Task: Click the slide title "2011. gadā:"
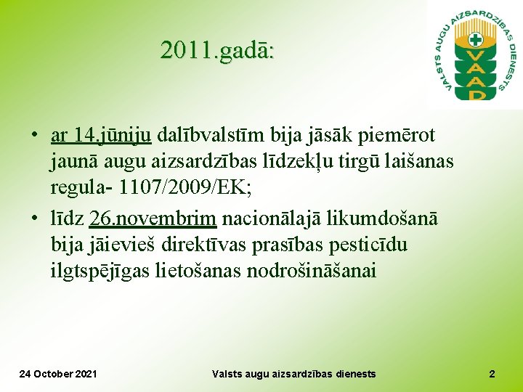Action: click(217, 51)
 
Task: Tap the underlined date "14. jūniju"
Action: click(110, 135)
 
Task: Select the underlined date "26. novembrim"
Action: click(153, 218)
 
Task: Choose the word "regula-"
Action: click(81, 189)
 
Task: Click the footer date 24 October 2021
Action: click(57, 374)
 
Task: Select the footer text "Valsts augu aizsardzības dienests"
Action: click(294, 374)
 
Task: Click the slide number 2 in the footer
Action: click(492, 374)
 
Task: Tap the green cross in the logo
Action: click(476, 39)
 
